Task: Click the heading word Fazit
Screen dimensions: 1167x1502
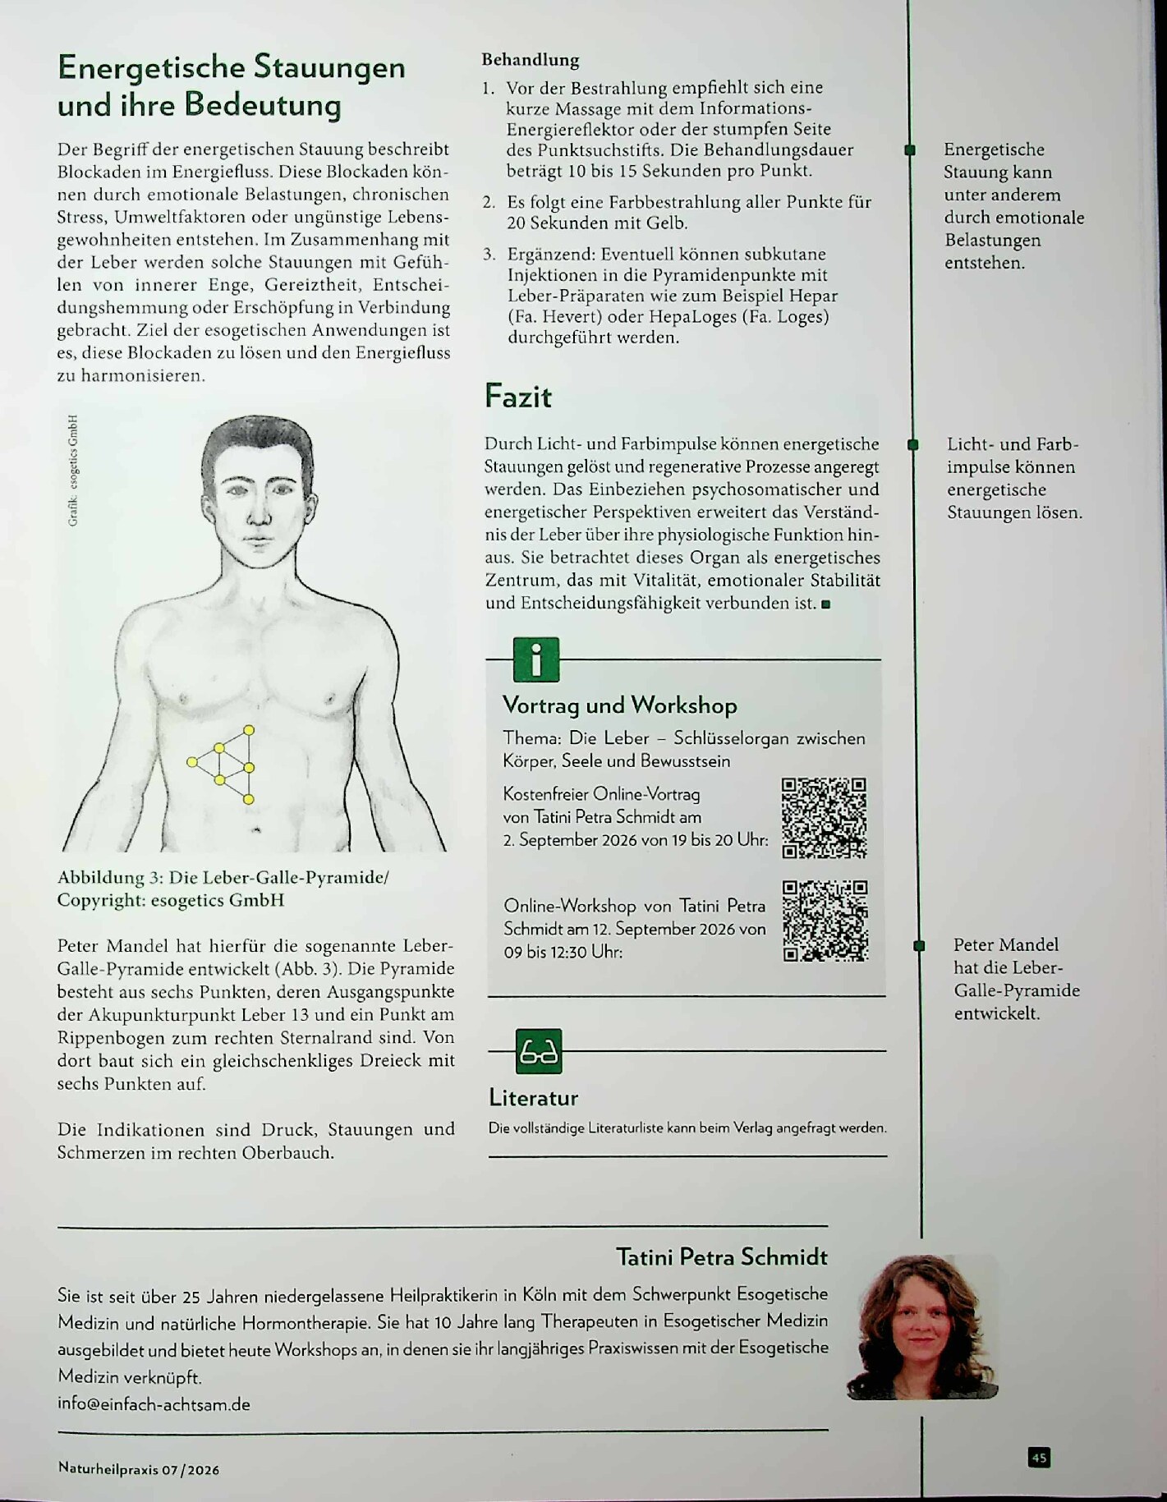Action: click(x=518, y=397)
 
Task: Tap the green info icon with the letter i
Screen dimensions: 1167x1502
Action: click(x=536, y=659)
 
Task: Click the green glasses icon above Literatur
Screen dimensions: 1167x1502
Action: click(x=539, y=1051)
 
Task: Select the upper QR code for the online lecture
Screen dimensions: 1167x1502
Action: click(x=824, y=818)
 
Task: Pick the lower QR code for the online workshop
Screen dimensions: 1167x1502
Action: click(x=825, y=921)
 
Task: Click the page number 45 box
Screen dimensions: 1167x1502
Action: click(x=1039, y=1458)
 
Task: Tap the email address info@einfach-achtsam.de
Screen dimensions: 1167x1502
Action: click(x=154, y=1404)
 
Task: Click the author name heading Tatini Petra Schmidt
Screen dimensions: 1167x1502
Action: click(x=722, y=1256)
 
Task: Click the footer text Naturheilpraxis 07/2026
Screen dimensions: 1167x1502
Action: click(x=139, y=1469)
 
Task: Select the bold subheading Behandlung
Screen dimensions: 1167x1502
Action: click(x=531, y=60)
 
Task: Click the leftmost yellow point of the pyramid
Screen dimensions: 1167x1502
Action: click(x=192, y=762)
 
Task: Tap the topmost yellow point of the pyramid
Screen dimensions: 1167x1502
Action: click(x=249, y=730)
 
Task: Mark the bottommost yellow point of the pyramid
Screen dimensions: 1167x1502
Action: click(x=249, y=799)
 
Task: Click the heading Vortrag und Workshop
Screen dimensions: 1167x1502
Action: click(x=620, y=705)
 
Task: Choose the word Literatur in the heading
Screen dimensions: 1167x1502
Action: click(x=534, y=1098)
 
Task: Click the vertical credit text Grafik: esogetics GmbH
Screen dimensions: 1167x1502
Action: click(x=73, y=470)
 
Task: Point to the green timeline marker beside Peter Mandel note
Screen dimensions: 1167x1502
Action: click(x=919, y=946)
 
